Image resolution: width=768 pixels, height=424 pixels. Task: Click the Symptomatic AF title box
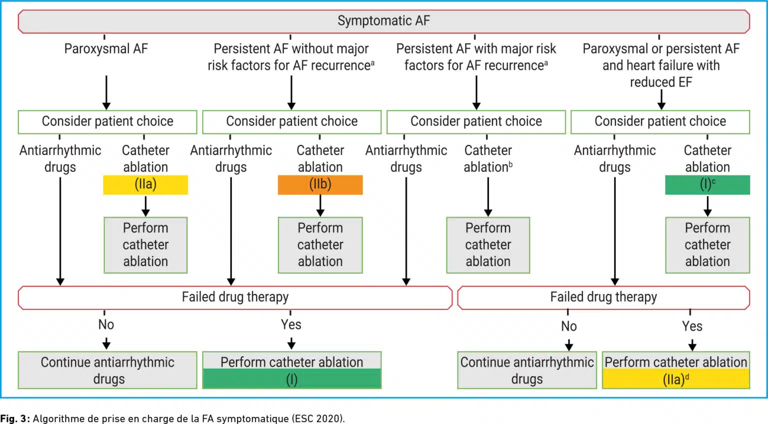(x=383, y=21)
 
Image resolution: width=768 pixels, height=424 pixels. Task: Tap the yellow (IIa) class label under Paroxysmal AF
(x=145, y=185)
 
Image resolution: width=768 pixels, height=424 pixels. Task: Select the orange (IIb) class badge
(x=320, y=185)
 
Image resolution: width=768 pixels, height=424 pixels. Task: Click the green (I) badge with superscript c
(x=707, y=185)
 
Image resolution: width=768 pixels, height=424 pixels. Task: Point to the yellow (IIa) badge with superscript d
(x=676, y=379)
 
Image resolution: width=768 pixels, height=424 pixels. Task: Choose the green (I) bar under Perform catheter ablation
(x=292, y=379)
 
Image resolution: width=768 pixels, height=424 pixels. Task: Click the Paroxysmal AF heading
(x=106, y=48)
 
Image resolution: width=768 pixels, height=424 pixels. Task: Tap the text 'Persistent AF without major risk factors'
(x=290, y=57)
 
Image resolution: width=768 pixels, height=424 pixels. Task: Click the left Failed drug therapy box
(x=235, y=297)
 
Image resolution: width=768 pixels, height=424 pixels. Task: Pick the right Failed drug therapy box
(x=603, y=297)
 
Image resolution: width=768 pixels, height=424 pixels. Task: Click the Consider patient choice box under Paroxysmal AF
(x=107, y=121)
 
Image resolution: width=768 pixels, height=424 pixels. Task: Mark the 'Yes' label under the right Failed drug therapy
(x=692, y=326)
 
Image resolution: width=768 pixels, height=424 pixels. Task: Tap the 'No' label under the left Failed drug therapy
(x=106, y=324)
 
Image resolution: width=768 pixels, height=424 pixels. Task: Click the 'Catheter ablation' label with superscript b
(x=488, y=158)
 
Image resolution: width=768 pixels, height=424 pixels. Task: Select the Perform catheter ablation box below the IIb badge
(x=320, y=245)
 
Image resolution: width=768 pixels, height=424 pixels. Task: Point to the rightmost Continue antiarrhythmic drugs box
(x=527, y=370)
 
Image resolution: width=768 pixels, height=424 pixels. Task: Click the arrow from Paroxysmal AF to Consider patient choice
(x=106, y=92)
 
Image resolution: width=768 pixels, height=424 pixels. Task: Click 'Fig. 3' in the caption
(x=13, y=418)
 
